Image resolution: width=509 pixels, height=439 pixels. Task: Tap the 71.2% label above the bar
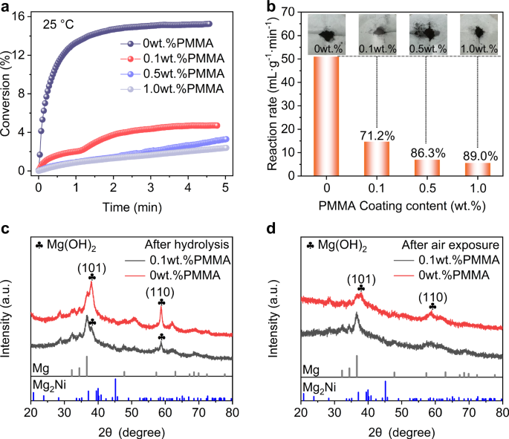point(377,117)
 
